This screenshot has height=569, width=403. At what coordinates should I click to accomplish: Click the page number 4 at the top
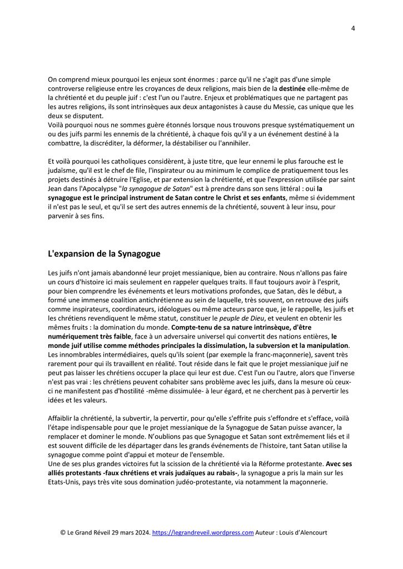pos(353,29)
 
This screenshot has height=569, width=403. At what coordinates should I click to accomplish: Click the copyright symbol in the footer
pos(63,532)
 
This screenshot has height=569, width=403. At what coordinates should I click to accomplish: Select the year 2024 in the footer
pos(139,532)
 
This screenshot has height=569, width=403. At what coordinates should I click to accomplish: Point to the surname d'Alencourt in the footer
pos(310,532)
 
